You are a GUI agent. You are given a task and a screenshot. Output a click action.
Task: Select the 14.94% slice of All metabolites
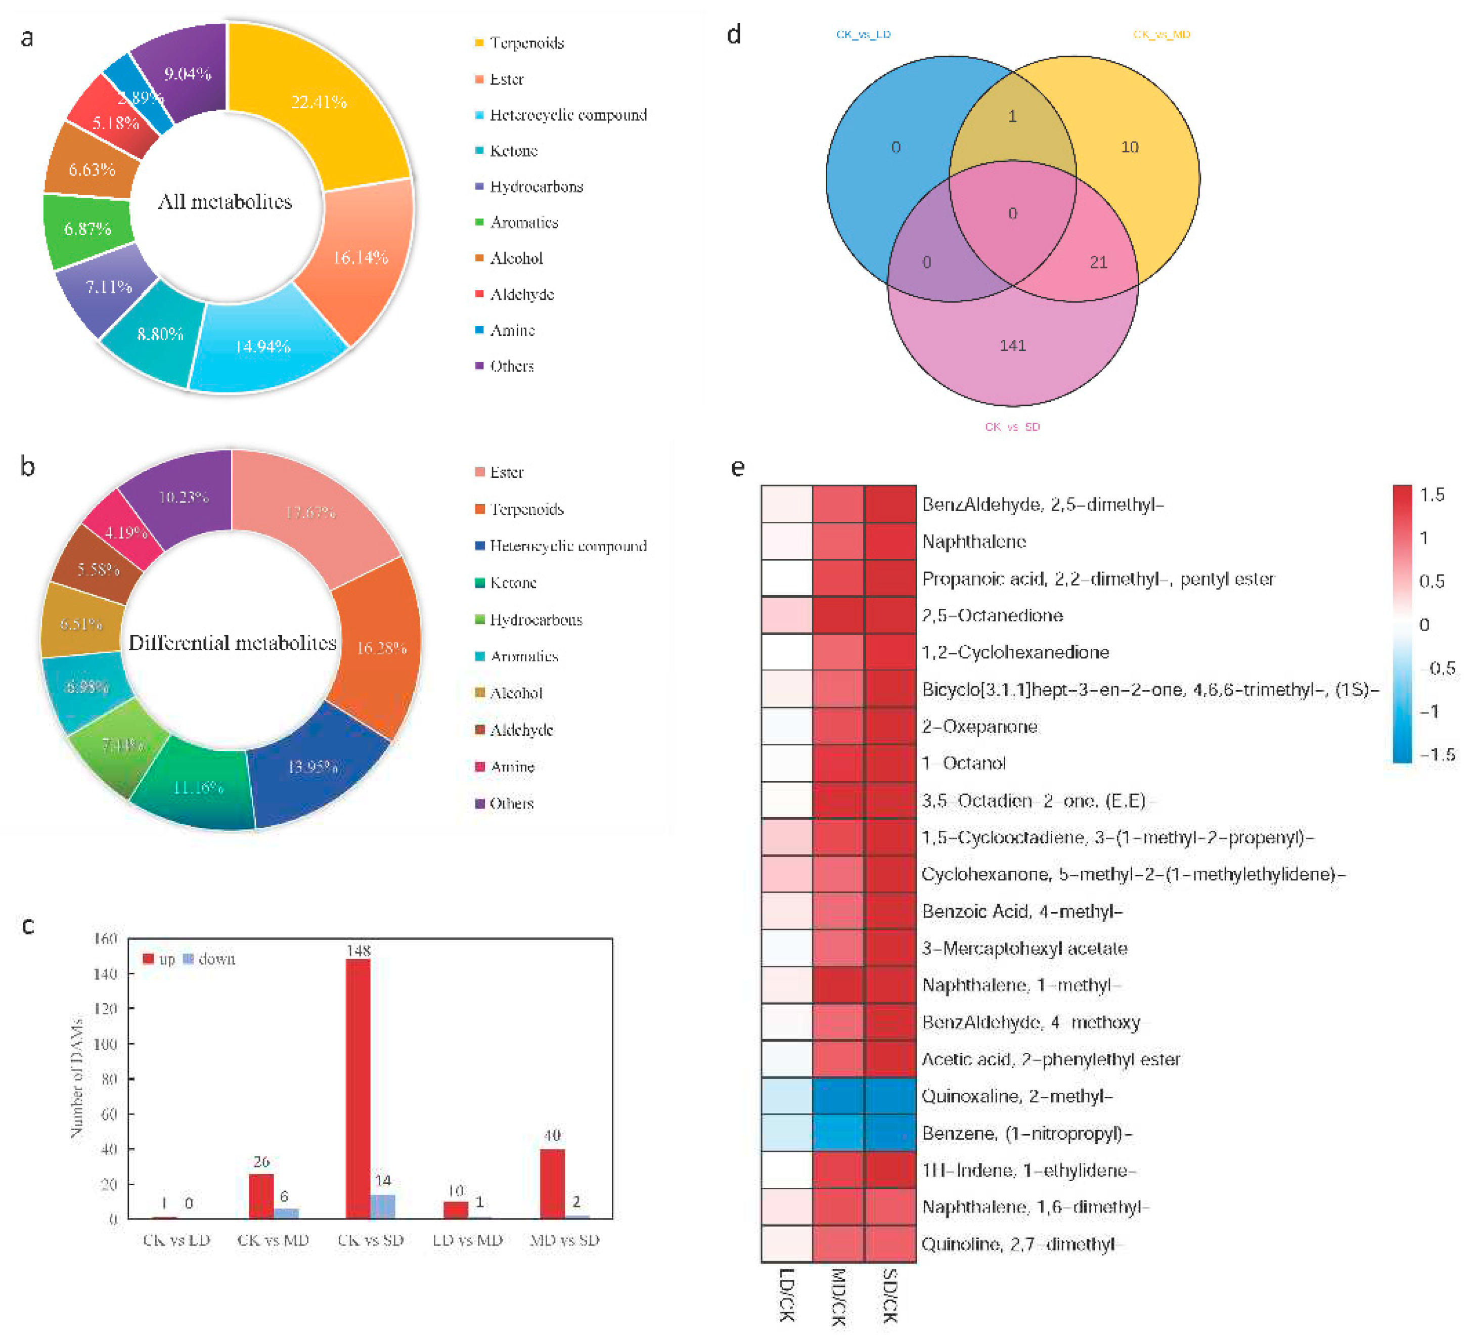coord(263,345)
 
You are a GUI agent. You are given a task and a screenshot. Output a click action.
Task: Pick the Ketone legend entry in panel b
coord(512,583)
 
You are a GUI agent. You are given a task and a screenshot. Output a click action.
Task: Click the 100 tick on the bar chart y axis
coord(106,1044)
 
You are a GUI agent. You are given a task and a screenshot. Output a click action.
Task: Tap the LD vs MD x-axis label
coord(468,1239)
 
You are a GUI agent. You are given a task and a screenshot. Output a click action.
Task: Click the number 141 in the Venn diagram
coord(1013,345)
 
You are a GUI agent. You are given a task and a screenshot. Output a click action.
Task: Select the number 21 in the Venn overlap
coord(1098,262)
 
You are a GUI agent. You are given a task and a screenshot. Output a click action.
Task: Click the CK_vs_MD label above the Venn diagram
coord(1161,34)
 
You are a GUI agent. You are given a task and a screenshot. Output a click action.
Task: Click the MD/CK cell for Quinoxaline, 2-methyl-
coord(838,1095)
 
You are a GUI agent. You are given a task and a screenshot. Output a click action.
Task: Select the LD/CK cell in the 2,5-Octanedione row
coord(786,615)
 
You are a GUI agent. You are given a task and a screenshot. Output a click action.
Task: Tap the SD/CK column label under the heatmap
coord(889,1295)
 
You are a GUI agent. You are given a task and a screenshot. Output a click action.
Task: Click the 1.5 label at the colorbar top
coord(1432,495)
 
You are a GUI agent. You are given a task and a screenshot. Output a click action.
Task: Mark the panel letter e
coord(737,467)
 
